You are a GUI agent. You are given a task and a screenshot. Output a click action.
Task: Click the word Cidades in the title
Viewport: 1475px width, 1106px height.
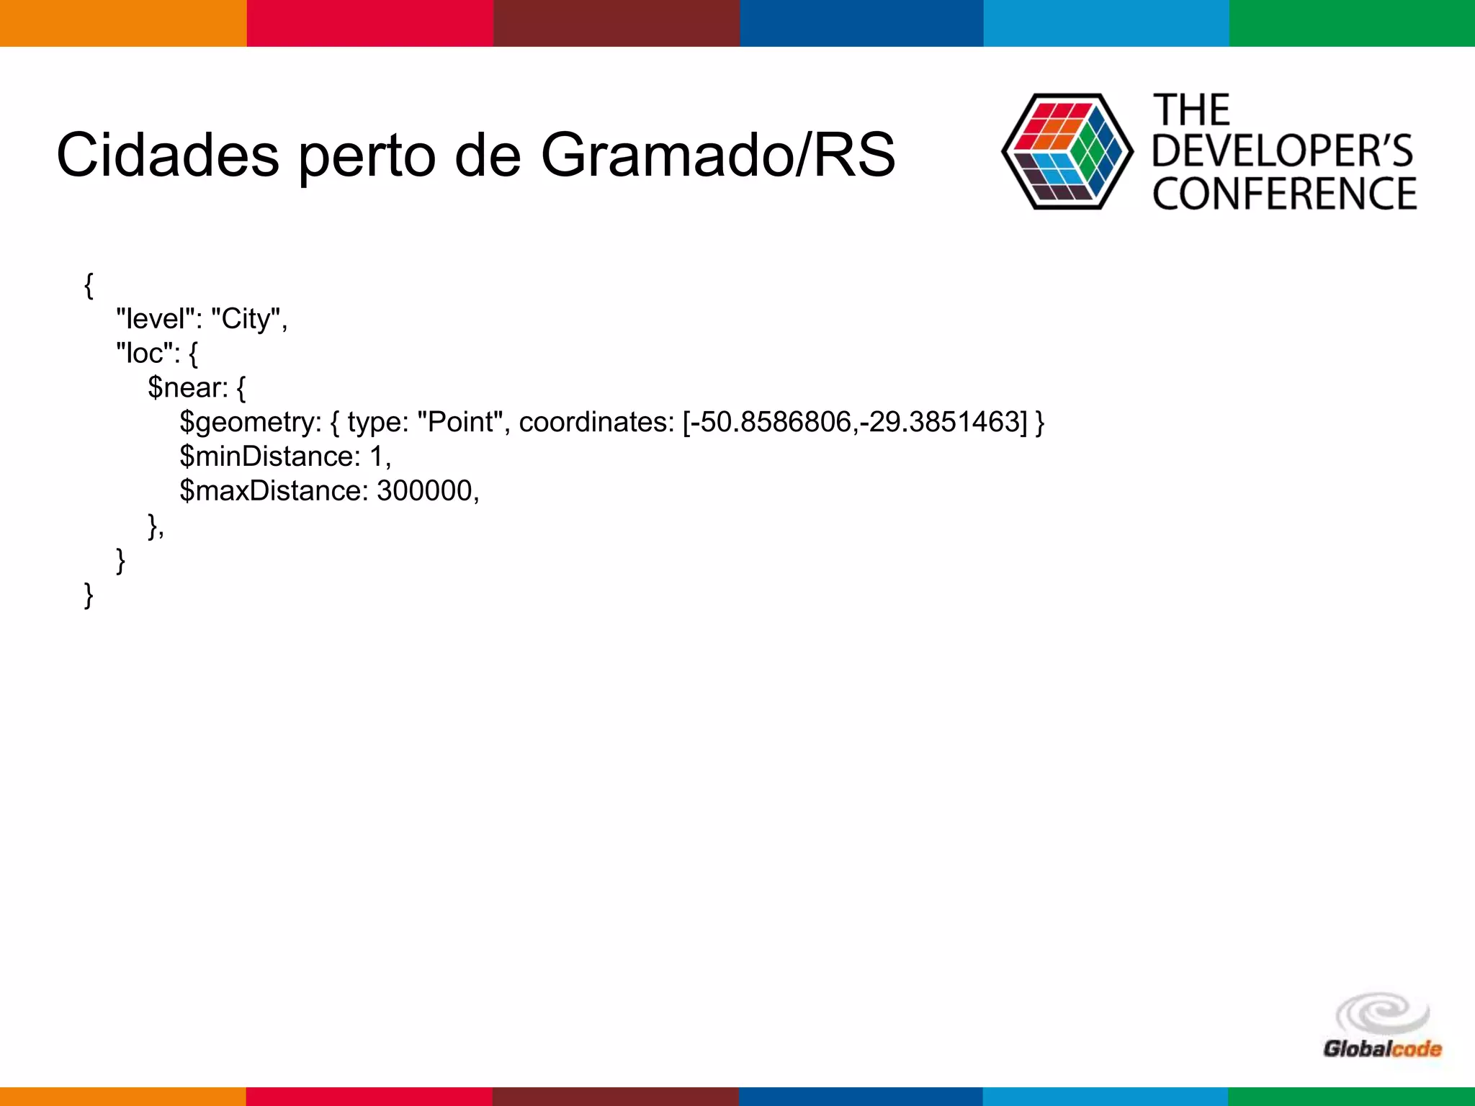[x=167, y=155]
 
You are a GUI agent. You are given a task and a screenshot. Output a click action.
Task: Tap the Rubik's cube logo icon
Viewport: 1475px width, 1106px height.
[x=1067, y=151]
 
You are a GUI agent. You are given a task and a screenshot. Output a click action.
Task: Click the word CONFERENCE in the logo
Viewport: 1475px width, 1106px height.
[x=1285, y=194]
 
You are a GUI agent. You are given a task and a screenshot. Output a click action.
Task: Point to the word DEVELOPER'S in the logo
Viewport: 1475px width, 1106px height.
[x=1283, y=151]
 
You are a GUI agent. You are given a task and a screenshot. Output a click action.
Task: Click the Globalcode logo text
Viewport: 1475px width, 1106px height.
[x=1382, y=1048]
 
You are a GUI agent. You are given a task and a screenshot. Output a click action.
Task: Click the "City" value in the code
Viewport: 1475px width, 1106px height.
[x=245, y=318]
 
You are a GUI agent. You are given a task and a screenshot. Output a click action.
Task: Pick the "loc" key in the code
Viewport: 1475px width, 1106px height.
[x=144, y=353]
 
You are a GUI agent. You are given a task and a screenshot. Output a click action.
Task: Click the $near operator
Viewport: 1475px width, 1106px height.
[x=187, y=387]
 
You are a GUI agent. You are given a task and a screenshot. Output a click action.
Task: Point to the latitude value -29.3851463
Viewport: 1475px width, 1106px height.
[x=939, y=422]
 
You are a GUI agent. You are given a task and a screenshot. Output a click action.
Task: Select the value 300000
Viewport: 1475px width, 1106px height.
[x=424, y=491]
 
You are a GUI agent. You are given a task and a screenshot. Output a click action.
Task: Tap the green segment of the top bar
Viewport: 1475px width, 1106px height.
[x=1352, y=23]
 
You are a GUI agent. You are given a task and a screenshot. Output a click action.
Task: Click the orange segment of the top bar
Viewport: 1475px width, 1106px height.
[x=122, y=23]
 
